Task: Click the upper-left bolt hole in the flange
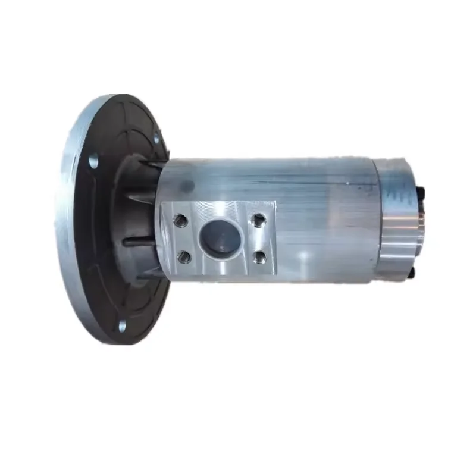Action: coord(93,160)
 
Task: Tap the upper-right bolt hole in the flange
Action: coord(156,141)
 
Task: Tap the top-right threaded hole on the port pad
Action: coord(258,220)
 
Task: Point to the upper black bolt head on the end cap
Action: coord(421,192)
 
